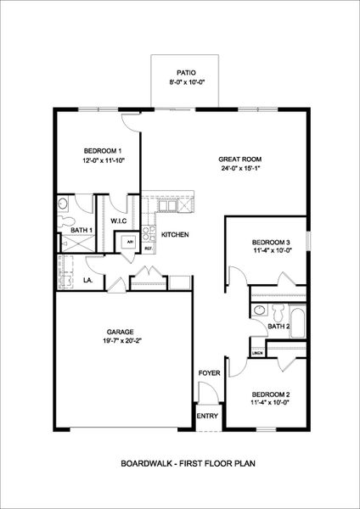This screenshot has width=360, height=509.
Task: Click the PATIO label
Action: coord(186,74)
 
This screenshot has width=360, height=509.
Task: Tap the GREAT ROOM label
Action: coord(239,159)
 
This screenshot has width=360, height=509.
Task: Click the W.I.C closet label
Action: coord(119,221)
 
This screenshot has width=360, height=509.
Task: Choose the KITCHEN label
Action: coord(175,235)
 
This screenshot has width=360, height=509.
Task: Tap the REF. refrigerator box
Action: coord(147,248)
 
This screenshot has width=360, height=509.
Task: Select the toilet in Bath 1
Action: coord(67,218)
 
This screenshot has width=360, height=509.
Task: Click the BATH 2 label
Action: coord(279,326)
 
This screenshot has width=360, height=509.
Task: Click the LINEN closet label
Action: coord(256,352)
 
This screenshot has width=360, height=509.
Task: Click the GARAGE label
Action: coord(121,332)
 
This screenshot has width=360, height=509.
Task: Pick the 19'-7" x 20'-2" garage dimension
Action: coord(121,342)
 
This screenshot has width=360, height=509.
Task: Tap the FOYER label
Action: coord(209,373)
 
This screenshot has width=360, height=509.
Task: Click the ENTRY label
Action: coord(207,416)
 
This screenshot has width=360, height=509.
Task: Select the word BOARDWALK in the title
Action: coord(145,463)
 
